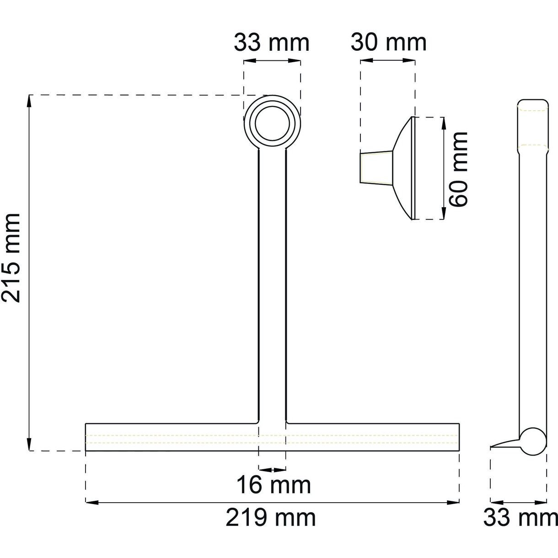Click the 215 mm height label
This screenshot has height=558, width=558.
(x=11, y=258)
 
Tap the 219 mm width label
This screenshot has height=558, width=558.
(x=271, y=518)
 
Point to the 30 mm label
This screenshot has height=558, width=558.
(x=389, y=43)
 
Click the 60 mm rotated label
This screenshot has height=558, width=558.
(x=459, y=169)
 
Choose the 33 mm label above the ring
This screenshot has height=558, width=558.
(x=272, y=43)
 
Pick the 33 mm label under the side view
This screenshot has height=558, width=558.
(x=520, y=518)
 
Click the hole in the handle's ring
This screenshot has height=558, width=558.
(x=272, y=123)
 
